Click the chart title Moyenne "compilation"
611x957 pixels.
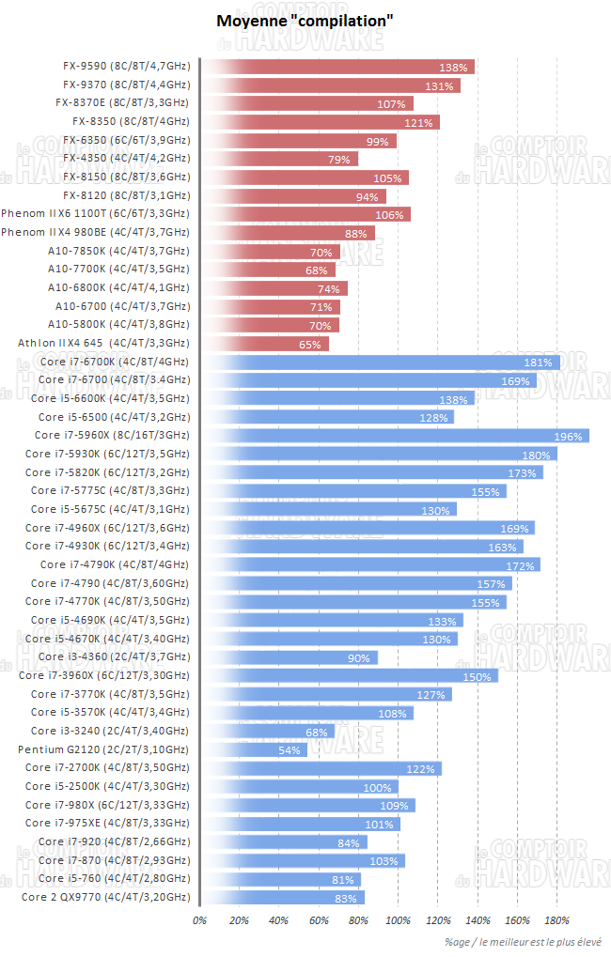point(305,21)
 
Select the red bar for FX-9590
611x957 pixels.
point(338,67)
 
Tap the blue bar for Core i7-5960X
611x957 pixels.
point(395,436)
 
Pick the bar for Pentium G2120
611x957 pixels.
point(254,749)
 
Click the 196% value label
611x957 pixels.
point(568,436)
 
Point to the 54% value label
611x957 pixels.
point(289,749)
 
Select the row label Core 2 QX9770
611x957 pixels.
point(104,897)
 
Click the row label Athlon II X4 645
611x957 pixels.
point(103,344)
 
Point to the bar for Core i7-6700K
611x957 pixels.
point(381,362)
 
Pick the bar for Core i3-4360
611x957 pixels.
point(290,657)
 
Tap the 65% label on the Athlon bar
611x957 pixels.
point(309,344)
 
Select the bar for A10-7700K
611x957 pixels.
point(268,270)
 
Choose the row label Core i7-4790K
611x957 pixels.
point(114,564)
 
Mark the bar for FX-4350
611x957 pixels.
point(279,159)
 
